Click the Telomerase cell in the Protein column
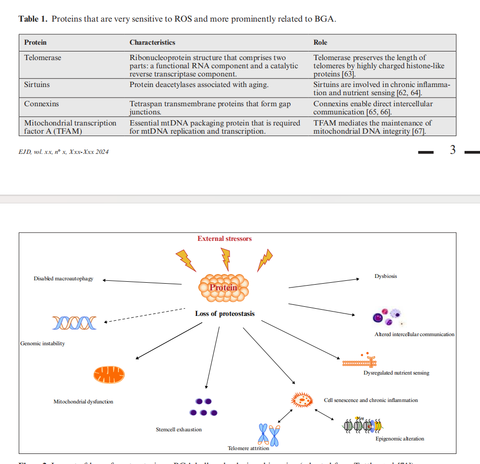pos(43,58)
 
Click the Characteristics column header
pos(152,42)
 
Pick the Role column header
pos(320,42)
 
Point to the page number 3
pos(453,150)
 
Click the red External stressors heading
pos(224,238)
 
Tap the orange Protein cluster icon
pos(224,288)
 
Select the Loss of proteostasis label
pos(225,314)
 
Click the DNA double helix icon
pos(74,323)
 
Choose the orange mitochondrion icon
pos(109,375)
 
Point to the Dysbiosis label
pos(386,276)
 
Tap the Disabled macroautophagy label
pos(64,279)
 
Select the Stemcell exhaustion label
pos(179,429)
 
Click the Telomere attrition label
pos(248,448)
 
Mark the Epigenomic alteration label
pos(400,439)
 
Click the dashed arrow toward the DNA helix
pos(144,315)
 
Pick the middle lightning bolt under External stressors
pos(225,259)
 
